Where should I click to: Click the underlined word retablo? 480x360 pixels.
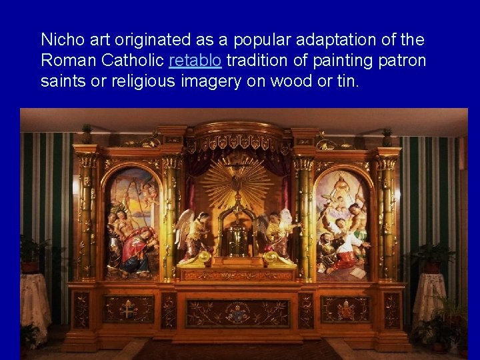(195, 61)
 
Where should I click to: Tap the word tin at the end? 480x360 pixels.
(348, 82)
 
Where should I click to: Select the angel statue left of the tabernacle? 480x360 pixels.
(193, 237)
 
